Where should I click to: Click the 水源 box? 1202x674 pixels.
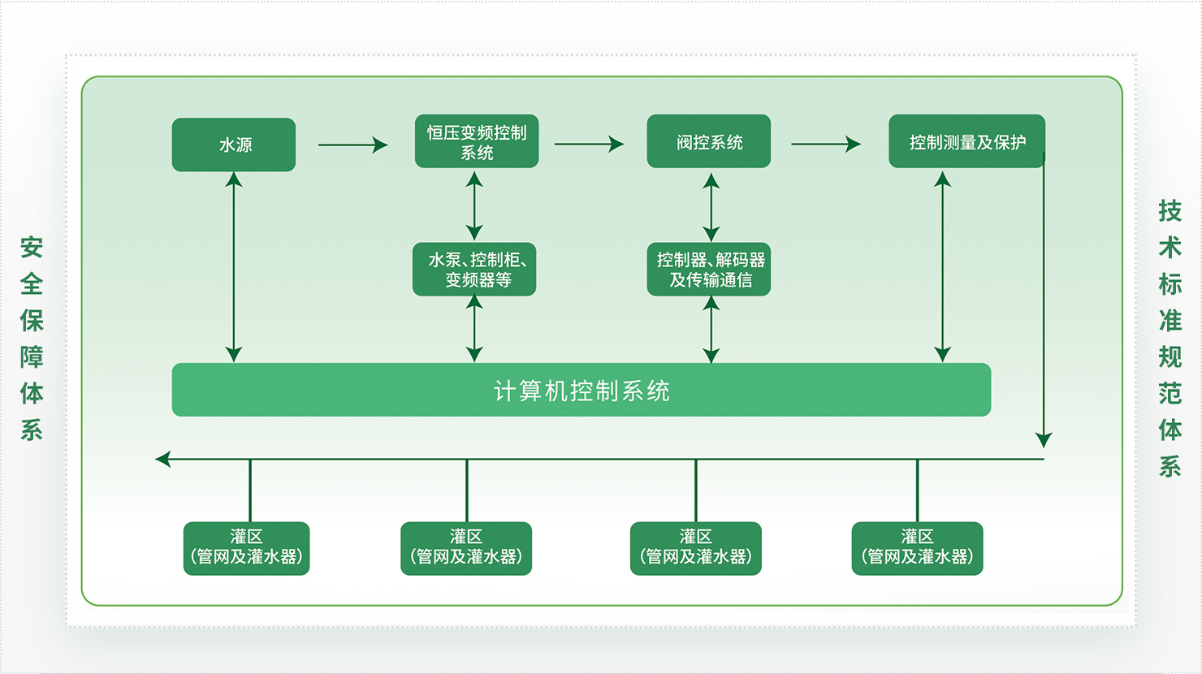pos(234,145)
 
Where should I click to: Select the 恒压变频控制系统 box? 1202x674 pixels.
pos(477,141)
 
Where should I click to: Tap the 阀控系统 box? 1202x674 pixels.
pos(709,141)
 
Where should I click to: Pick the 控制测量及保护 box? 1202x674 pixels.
pos(966,141)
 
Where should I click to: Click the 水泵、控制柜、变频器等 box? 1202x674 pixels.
pos(474,269)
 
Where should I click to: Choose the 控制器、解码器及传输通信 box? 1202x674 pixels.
pos(709,269)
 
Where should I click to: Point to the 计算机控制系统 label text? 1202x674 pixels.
pos(582,391)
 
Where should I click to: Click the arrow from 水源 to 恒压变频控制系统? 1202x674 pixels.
pos(352,145)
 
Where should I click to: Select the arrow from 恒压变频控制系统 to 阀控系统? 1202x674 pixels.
pos(589,144)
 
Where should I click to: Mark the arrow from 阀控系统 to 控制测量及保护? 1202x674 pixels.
pos(825,144)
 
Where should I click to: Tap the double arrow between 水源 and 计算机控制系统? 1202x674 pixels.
pos(234,266)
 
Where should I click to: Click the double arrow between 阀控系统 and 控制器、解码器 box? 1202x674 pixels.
pos(711,206)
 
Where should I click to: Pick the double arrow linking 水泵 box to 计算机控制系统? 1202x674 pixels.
pos(474,329)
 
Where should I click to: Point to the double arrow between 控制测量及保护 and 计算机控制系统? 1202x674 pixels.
pos(943,266)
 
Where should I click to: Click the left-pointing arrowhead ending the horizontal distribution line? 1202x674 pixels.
pos(162,460)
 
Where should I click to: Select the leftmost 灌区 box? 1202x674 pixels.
pos(247,548)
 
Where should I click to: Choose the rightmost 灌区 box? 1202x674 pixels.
pos(917,548)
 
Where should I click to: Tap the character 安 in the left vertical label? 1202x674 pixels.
pos(32,247)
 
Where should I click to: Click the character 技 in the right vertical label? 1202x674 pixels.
pos(1170,211)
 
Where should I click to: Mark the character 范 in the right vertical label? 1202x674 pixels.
pos(1170,394)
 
